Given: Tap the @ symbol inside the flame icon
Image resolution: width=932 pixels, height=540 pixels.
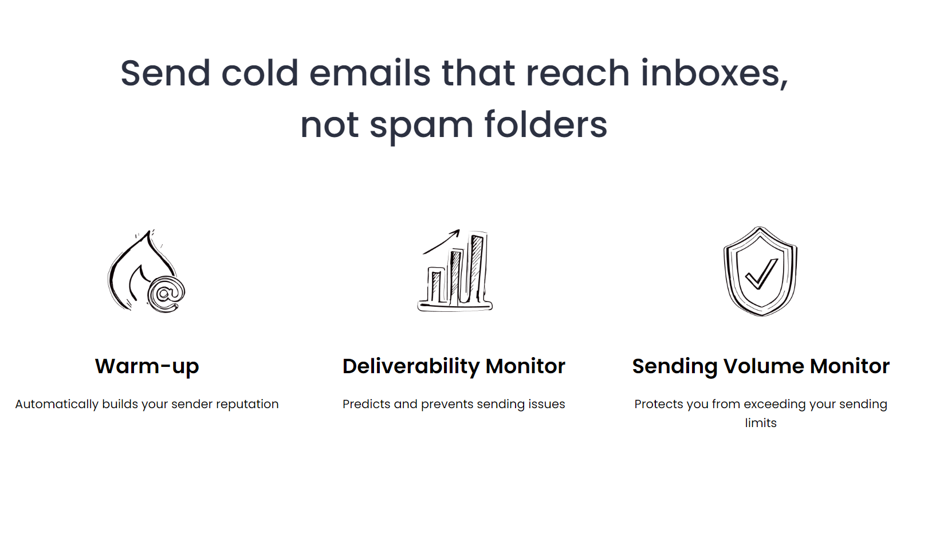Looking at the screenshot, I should click(x=166, y=294).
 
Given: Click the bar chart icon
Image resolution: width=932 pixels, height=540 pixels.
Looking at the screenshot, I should click(x=455, y=271).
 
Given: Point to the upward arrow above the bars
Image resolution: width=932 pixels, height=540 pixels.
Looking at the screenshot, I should click(x=442, y=242).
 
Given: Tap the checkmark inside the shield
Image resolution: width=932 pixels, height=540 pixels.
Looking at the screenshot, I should click(x=761, y=273).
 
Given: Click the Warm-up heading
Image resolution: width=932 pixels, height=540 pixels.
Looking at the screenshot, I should click(x=147, y=366).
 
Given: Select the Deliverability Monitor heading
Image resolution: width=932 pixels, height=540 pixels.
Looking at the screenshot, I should click(x=454, y=366).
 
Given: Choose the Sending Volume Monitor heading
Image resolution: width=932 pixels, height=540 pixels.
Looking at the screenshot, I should click(x=761, y=366).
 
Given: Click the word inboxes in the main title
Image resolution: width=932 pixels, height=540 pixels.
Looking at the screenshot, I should click(x=714, y=74).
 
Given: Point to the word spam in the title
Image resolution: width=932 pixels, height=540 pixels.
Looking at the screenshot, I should click(x=421, y=126).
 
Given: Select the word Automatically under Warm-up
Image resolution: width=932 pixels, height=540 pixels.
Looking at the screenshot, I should click(x=57, y=404).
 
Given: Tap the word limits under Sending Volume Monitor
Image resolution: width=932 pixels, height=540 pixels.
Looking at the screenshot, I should click(x=761, y=423).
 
